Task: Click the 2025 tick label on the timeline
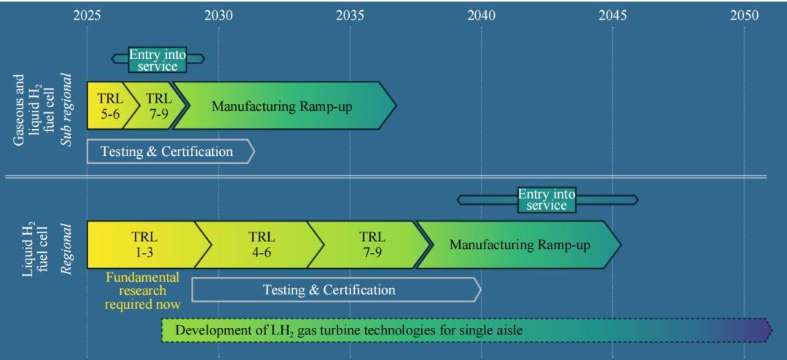87,15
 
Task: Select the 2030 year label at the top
219,15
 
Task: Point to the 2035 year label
350,15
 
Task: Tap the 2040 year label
481,15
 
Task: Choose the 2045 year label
613,15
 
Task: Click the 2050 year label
744,15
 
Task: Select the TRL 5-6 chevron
106,106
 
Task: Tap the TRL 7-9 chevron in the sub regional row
157,106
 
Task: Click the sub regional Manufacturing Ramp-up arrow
284,106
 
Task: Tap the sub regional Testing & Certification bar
168,152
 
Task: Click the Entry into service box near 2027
157,60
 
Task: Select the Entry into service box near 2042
547,200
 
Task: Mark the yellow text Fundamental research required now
142,290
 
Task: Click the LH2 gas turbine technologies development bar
466,330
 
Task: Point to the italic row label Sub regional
66,109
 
